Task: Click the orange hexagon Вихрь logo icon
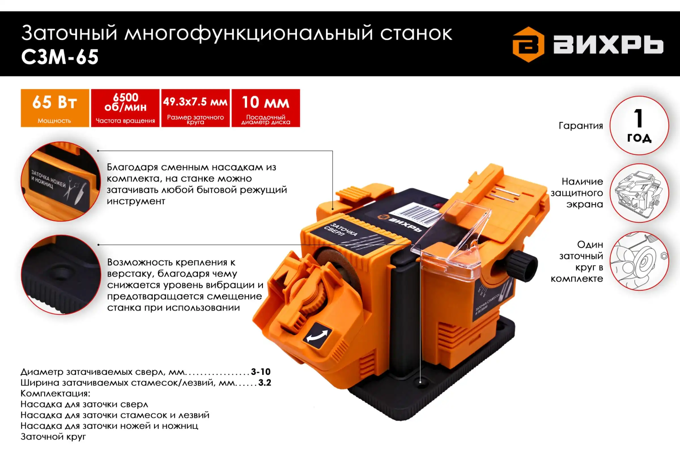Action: click(x=528, y=44)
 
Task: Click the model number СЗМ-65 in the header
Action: click(x=60, y=57)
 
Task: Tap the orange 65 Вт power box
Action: click(x=55, y=108)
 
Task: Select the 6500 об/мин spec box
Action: click(x=125, y=108)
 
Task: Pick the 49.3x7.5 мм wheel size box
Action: click(x=195, y=108)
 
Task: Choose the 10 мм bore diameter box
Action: click(x=266, y=108)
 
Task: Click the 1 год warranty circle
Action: click(x=639, y=126)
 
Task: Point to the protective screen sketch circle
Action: click(x=639, y=193)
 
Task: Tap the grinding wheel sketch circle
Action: click(x=639, y=261)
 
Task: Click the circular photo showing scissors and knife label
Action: click(x=61, y=181)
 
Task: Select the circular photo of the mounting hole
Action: click(x=61, y=274)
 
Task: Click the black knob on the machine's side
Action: click(x=523, y=265)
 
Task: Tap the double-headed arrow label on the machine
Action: click(x=317, y=336)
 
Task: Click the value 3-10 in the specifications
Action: click(x=260, y=371)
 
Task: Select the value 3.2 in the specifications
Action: click(x=265, y=383)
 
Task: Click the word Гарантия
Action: click(x=581, y=126)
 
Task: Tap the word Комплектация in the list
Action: click(x=55, y=393)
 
